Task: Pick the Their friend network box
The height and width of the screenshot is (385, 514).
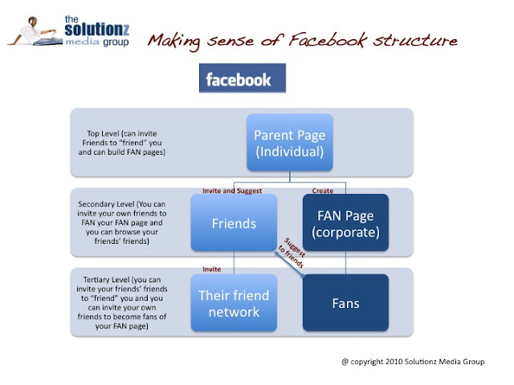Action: coord(233,302)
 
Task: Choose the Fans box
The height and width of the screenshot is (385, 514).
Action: coord(345,302)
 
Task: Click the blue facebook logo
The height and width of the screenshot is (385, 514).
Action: coord(239,79)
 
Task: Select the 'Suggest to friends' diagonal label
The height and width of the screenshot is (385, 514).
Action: coord(290,253)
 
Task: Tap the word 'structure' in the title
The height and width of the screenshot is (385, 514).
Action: coord(425,39)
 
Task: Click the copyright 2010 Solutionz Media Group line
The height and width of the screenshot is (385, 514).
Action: coord(413,362)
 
